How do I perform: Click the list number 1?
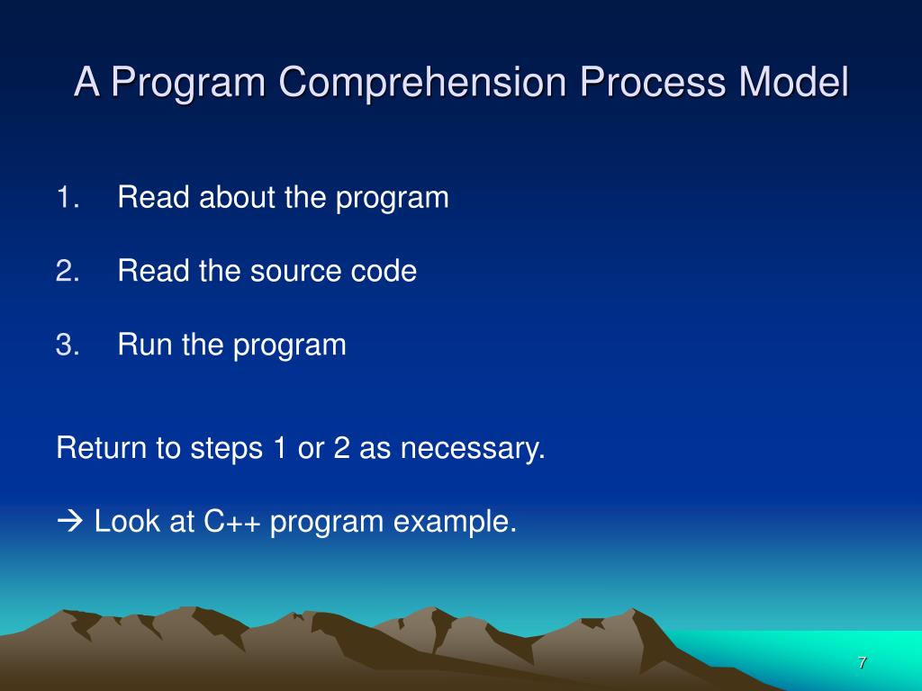coord(68,197)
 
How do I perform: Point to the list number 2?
coord(68,271)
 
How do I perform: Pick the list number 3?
coord(68,345)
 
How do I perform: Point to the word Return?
coord(101,448)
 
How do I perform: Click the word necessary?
coord(473,448)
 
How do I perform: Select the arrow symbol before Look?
coord(70,521)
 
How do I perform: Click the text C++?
coord(231,521)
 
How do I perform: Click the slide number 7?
coord(862,663)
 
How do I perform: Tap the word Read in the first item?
coord(153,197)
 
